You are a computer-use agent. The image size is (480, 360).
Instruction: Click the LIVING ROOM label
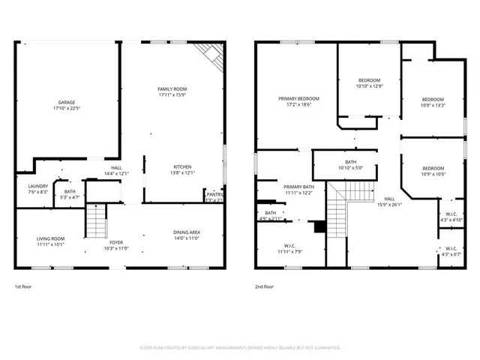tap(51, 238)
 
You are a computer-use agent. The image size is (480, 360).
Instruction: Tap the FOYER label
tap(116, 242)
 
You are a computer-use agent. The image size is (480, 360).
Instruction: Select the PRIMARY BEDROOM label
tap(298, 99)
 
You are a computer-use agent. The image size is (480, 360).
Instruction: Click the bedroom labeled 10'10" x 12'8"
tap(369, 80)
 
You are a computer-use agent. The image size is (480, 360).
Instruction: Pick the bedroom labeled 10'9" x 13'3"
tap(433, 100)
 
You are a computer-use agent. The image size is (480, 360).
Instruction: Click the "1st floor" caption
tap(23, 286)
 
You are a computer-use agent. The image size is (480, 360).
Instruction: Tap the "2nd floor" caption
tap(263, 286)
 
